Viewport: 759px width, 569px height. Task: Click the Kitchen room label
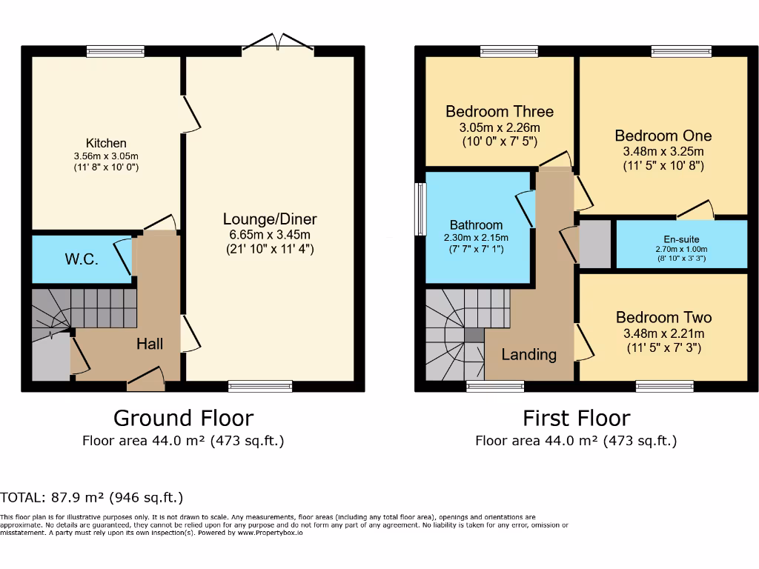[x=106, y=143]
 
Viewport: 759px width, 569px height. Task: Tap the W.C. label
[x=82, y=260]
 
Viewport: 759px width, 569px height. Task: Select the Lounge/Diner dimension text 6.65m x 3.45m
[x=270, y=235]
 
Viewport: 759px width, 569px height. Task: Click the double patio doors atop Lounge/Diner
[x=278, y=44]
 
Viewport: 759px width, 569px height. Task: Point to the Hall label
[x=150, y=344]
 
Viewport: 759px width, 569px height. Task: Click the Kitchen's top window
[x=115, y=51]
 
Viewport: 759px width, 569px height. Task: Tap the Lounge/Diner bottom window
[x=260, y=386]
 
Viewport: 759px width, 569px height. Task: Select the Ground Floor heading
[x=183, y=418]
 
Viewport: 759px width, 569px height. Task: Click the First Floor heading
[x=576, y=418]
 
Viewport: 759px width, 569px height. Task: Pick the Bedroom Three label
[x=499, y=112]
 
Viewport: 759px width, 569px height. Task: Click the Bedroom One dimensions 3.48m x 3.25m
[x=663, y=152]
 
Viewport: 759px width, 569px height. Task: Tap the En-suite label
[x=681, y=239]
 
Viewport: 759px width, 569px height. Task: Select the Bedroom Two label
[x=663, y=318]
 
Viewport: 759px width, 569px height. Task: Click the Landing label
[x=528, y=354]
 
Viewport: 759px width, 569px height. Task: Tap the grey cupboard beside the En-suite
[x=594, y=244]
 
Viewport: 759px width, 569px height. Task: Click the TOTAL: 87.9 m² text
[x=92, y=497]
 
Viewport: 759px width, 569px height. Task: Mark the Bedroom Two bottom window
[x=664, y=386]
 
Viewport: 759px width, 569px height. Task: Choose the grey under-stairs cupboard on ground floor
[x=50, y=360]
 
